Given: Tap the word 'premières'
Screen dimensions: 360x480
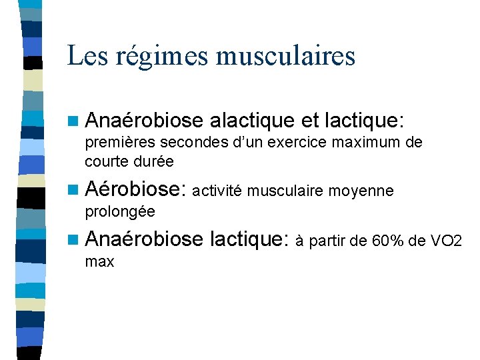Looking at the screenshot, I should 113,143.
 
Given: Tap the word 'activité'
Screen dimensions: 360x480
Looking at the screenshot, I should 219,191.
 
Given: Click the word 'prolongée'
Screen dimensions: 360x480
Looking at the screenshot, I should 120,211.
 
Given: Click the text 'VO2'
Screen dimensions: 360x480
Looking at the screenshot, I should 448,240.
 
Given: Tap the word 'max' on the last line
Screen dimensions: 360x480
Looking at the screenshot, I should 99,261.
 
